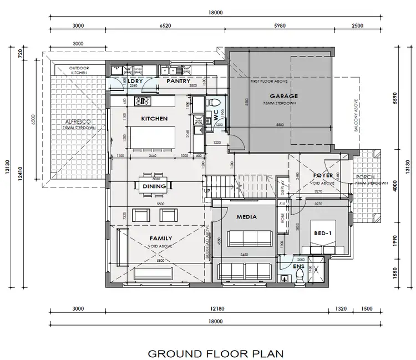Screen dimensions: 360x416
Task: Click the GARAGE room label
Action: click(283, 96)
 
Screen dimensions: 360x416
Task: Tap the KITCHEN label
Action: click(154, 118)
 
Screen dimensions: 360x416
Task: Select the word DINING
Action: click(154, 186)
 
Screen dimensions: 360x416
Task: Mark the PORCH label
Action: click(364, 178)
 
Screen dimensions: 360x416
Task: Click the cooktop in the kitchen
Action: click(143, 100)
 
